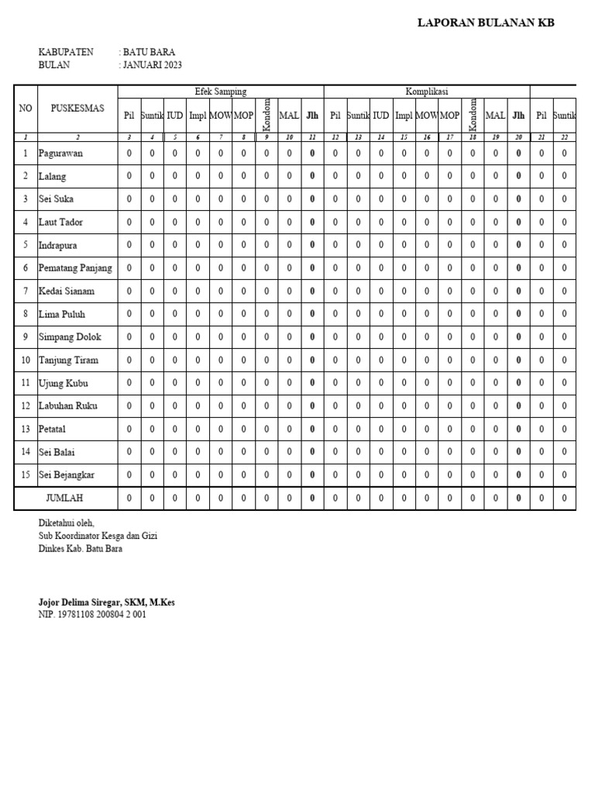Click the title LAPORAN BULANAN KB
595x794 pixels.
tap(486, 22)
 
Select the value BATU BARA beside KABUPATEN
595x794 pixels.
tap(148, 52)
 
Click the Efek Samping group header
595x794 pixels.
tap(221, 91)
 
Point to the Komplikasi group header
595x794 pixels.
tap(426, 91)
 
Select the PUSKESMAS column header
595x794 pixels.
tap(77, 109)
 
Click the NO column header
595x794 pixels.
tap(26, 109)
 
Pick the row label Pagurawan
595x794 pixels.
tap(61, 154)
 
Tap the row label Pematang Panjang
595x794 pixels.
tap(75, 268)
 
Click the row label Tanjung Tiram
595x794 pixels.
tap(69, 360)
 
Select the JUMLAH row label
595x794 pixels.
tap(65, 498)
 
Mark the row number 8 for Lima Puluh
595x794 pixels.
tap(26, 314)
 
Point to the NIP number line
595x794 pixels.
tap(92, 614)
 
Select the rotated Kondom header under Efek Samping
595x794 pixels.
tap(267, 115)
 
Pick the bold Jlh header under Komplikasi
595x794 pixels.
tap(518, 116)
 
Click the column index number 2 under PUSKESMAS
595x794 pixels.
tap(77, 137)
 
